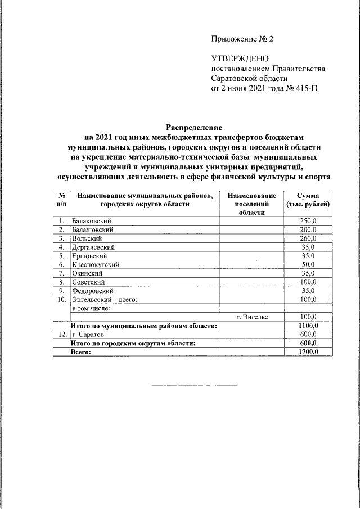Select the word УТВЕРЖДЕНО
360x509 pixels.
pyautogui.click(x=240, y=58)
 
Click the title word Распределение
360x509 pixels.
pyautogui.click(x=193, y=128)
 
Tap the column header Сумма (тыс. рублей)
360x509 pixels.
pyautogui.click(x=308, y=200)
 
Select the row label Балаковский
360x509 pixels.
pyautogui.click(x=91, y=221)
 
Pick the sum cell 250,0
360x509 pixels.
pyautogui.click(x=308, y=221)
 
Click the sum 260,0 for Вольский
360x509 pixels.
pyautogui.click(x=308, y=238)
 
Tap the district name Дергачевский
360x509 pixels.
pyautogui.click(x=93, y=247)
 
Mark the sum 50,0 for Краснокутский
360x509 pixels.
pyautogui.click(x=308, y=264)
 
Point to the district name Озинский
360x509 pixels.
pyautogui.click(x=86, y=273)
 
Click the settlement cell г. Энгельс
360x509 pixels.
pyautogui.click(x=252, y=317)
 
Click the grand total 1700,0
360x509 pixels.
pyautogui.click(x=308, y=352)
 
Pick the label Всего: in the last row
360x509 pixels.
pyautogui.click(x=80, y=352)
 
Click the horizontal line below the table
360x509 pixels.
pyautogui.click(x=194, y=385)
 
